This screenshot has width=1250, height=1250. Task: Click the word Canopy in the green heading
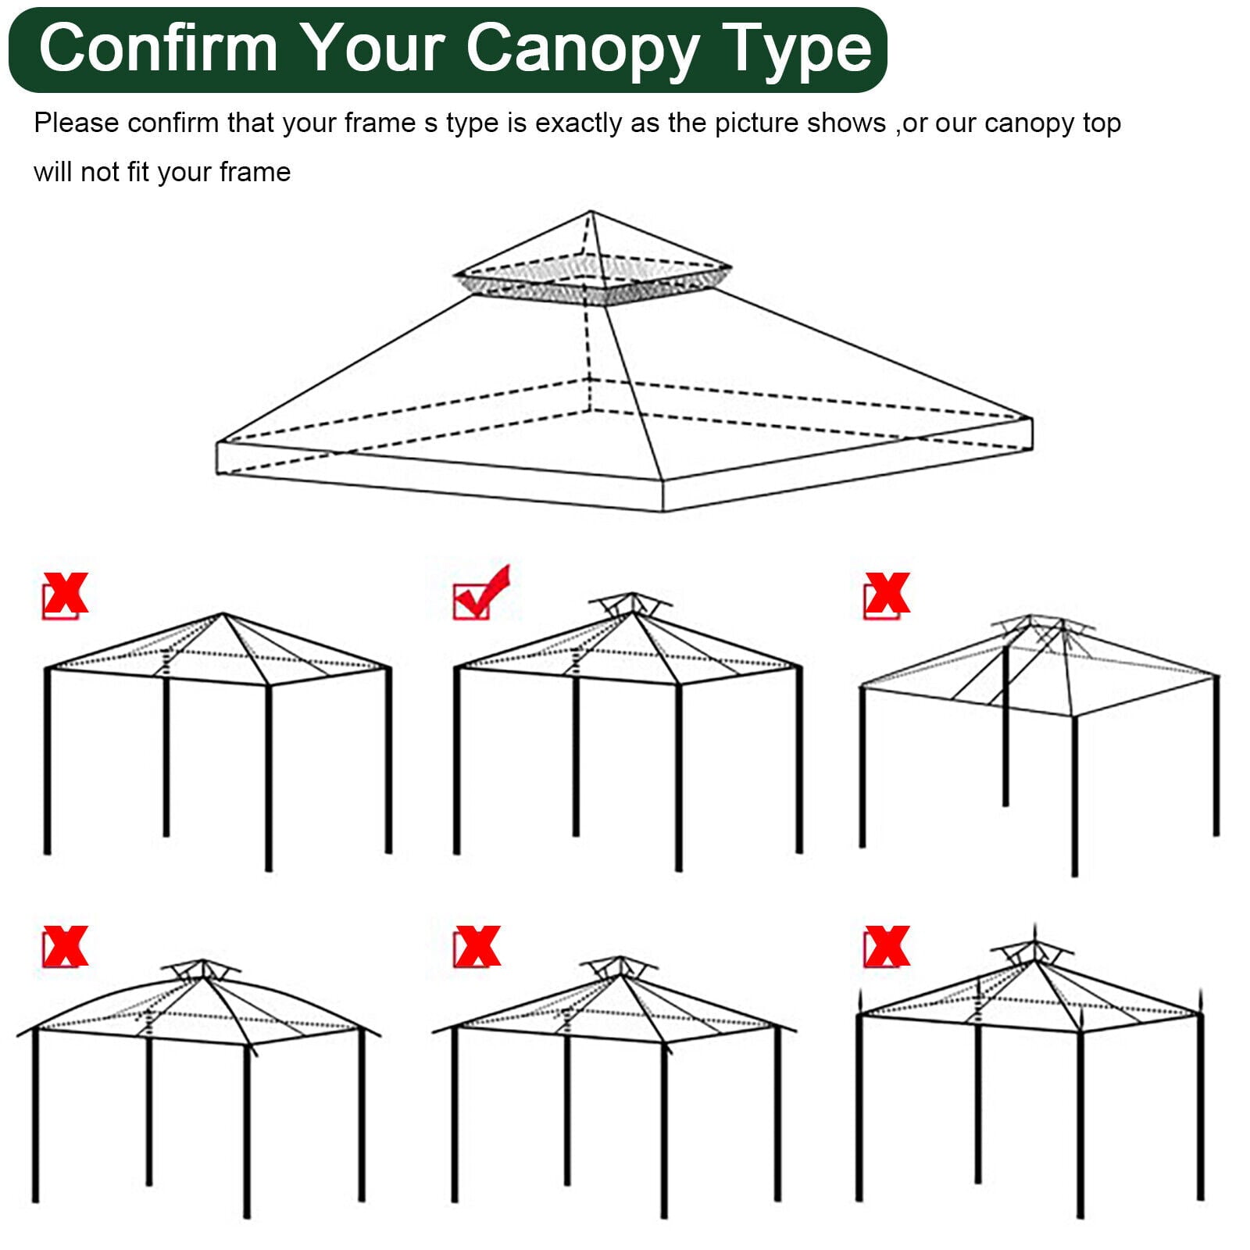coord(581,48)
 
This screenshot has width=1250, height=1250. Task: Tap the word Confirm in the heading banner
coord(159,48)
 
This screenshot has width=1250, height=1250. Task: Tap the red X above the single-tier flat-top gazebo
coord(66,595)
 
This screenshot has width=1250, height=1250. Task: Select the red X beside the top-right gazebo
coord(887,595)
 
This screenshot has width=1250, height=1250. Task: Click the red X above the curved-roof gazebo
coord(66,947)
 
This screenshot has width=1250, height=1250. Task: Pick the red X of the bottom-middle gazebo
coord(477,947)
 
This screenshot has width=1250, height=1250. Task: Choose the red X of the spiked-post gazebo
coord(887,947)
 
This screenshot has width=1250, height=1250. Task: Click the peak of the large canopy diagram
coord(591,212)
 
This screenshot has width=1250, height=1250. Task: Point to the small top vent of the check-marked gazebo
coord(630,604)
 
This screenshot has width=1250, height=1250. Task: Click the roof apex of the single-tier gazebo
coord(223,615)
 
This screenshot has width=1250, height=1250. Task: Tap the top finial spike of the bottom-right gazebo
coord(1035,931)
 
